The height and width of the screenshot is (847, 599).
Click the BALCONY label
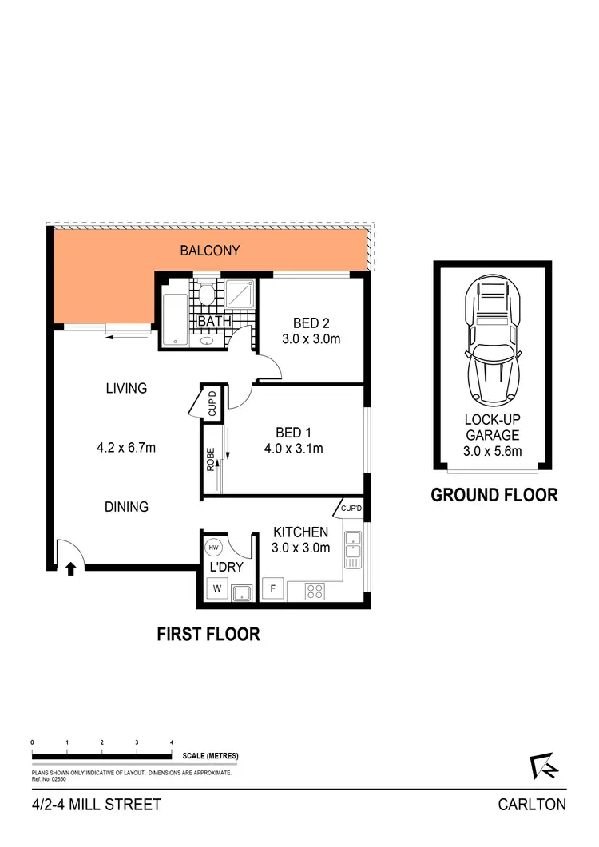pyautogui.click(x=209, y=251)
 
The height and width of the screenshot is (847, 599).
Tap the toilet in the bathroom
pyautogui.click(x=206, y=296)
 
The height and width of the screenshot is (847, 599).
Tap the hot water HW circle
pyautogui.click(x=213, y=548)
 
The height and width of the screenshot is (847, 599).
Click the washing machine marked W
pyautogui.click(x=215, y=590)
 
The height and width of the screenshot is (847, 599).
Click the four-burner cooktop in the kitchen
pyautogui.click(x=315, y=592)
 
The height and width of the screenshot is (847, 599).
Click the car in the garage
pyautogui.click(x=491, y=344)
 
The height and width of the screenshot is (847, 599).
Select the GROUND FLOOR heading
pyautogui.click(x=494, y=495)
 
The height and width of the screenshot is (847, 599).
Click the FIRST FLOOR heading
pyautogui.click(x=208, y=635)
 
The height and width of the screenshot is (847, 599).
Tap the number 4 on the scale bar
pyautogui.click(x=172, y=742)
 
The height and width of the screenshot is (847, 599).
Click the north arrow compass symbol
pyautogui.click(x=544, y=766)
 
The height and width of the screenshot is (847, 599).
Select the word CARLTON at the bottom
pyautogui.click(x=531, y=805)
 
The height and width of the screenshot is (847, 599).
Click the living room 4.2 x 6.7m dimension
pyautogui.click(x=126, y=448)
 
